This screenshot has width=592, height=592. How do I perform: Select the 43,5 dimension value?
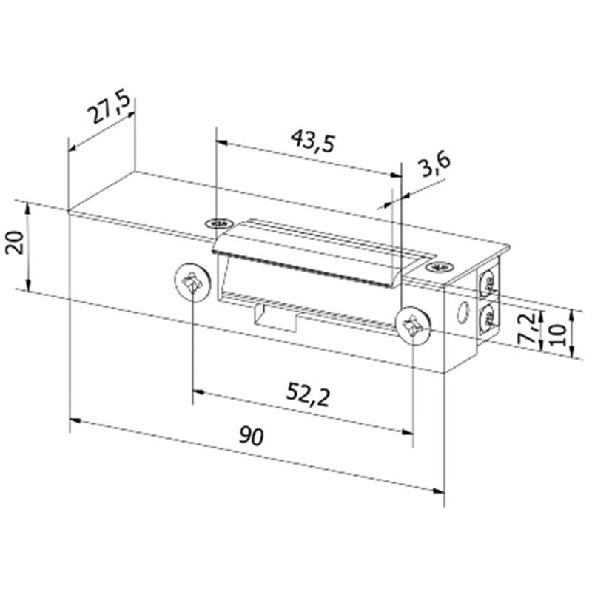309,140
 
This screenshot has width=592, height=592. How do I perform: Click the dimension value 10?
558,333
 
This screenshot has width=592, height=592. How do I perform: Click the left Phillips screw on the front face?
192,282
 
